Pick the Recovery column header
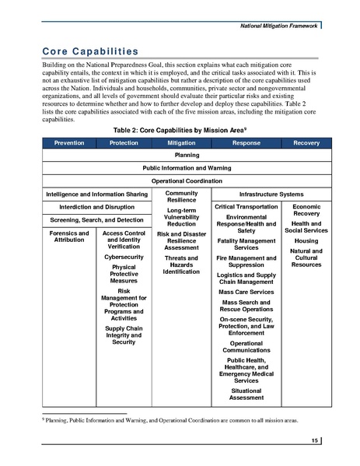(x=306, y=143)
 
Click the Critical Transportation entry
(x=241, y=207)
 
